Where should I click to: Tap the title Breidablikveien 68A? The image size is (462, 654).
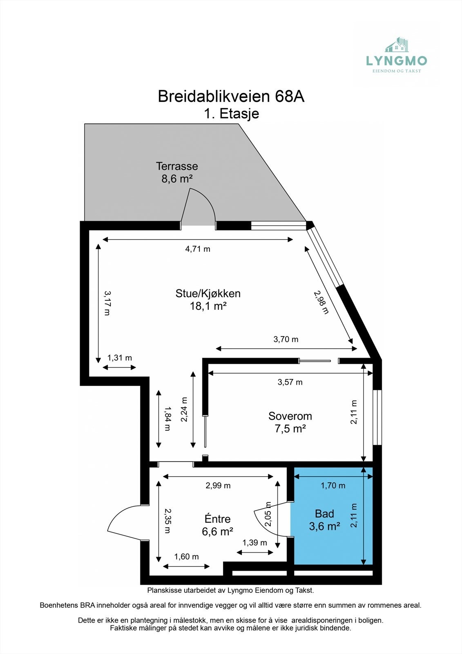(x=231, y=96)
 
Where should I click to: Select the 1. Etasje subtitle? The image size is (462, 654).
(x=232, y=113)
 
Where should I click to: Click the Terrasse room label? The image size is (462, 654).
(x=177, y=166)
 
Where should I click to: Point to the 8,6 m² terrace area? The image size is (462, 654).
(x=177, y=179)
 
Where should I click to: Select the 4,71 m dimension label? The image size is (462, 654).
(x=198, y=249)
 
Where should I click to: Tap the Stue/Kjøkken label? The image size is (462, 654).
(x=208, y=293)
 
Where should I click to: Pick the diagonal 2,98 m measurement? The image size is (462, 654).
(x=321, y=302)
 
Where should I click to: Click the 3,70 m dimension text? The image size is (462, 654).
(x=286, y=339)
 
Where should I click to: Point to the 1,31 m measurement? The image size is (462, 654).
(x=119, y=358)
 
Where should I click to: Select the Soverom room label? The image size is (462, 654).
(x=290, y=416)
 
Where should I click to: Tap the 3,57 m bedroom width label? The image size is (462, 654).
(x=290, y=382)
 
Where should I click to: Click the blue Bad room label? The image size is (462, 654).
(x=324, y=514)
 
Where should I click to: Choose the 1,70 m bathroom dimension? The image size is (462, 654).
(x=333, y=486)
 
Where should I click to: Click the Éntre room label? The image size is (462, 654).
(x=217, y=519)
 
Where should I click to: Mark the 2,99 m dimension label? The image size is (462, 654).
(x=218, y=486)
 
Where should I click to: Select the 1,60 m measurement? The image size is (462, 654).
(x=186, y=557)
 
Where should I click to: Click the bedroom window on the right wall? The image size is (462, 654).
(x=377, y=417)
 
